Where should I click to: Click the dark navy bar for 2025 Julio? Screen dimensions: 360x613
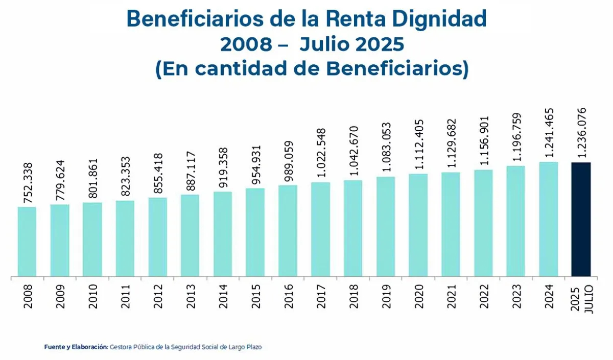coord(581,220)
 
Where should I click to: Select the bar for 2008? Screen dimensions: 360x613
coord(27,242)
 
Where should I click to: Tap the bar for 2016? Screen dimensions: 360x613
coord(288,231)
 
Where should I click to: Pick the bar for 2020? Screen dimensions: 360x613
coord(418,225)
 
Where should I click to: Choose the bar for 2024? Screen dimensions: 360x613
coord(549,220)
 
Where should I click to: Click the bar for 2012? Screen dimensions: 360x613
coord(157,237)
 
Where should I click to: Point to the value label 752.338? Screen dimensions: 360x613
coord(28,183)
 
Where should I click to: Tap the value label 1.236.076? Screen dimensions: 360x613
coord(581,134)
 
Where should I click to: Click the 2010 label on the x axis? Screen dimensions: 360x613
coord(93,297)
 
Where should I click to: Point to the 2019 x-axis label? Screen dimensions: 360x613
coord(386,297)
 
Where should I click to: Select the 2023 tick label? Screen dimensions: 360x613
coord(516,297)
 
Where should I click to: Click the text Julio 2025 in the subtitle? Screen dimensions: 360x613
coord(352,44)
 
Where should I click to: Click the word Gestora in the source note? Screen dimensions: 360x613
coord(122,347)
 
